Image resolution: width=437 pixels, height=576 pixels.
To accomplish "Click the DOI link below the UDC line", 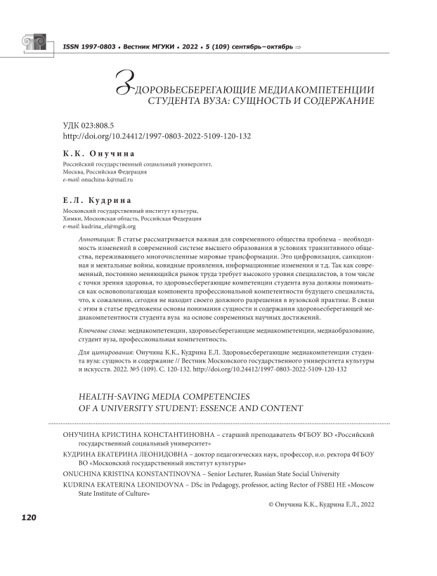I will [157, 136].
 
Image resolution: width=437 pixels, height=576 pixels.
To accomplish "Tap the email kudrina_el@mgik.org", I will [110, 227].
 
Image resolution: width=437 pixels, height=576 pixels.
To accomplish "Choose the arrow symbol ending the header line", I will [297, 47].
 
